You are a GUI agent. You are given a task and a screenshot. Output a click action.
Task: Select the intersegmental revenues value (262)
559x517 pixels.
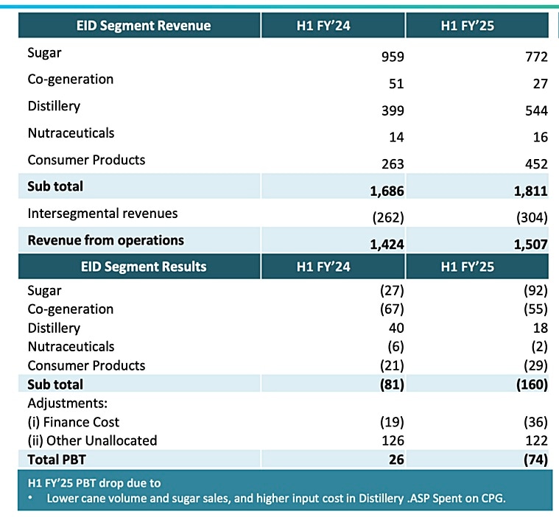[x=386, y=217]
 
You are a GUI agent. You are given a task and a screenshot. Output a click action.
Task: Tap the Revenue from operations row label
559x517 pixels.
[x=105, y=240]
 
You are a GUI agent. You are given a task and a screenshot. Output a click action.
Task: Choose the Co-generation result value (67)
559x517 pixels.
[x=390, y=309]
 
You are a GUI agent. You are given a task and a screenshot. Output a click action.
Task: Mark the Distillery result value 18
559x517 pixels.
[x=541, y=328]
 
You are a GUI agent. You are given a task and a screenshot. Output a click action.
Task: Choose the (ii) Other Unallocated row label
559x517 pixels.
[x=92, y=440]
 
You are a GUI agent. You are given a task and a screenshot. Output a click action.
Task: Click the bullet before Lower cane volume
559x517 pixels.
[x=31, y=498]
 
